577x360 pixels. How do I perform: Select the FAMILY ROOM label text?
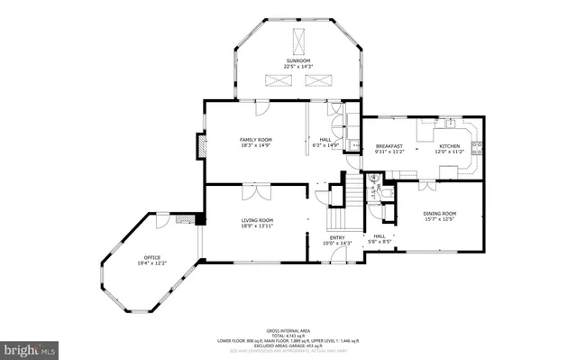point(255,140)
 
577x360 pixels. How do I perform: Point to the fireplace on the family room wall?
point(200,145)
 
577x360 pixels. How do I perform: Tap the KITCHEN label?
point(449,146)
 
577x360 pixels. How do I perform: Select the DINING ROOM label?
point(440,213)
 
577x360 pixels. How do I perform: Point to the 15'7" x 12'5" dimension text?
point(440,219)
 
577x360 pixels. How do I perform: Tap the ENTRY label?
point(335,237)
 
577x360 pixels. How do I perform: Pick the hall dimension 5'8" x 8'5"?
point(380,242)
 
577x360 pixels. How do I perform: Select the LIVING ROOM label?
point(257,220)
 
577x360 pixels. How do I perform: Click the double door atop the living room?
point(255,190)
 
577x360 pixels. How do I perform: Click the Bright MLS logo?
point(30,346)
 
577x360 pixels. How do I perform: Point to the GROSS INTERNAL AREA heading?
point(288,329)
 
